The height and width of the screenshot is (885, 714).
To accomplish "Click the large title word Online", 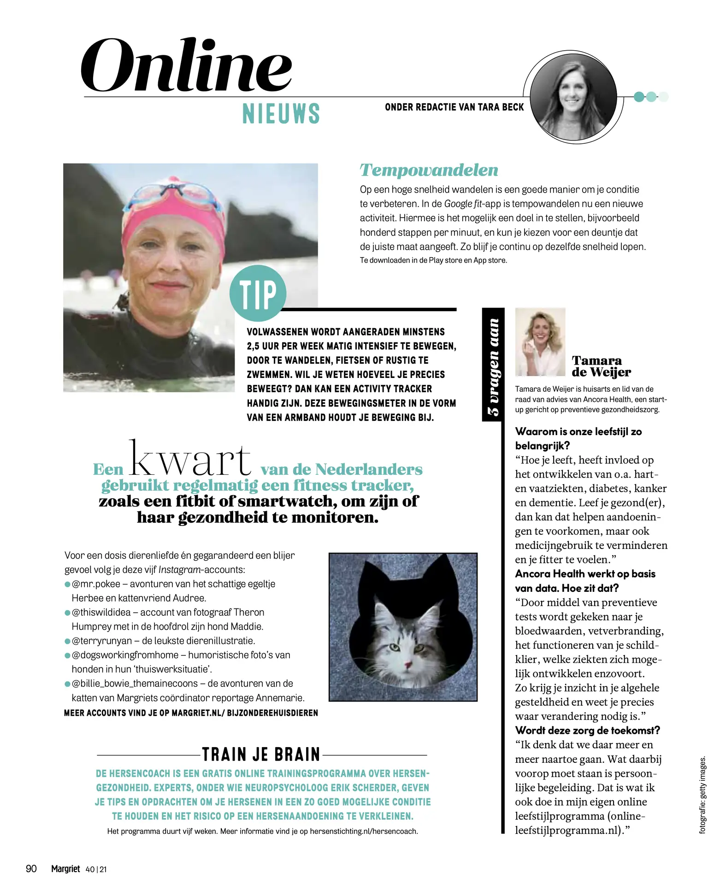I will click(x=186, y=65).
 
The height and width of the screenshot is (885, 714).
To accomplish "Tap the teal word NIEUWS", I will click(x=281, y=114).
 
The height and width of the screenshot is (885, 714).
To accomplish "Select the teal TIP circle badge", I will click(x=258, y=293).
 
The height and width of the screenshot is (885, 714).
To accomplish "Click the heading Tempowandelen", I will click(x=429, y=170).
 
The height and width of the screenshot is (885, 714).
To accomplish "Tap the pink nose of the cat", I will click(x=407, y=664).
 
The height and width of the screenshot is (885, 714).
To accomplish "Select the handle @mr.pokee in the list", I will click(x=96, y=584).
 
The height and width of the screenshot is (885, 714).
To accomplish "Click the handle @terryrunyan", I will click(x=101, y=641).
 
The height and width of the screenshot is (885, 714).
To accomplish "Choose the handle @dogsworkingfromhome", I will click(x=125, y=655).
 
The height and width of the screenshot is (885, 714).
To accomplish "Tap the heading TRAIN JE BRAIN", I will click(x=261, y=755).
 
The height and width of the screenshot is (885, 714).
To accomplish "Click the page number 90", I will click(x=31, y=869).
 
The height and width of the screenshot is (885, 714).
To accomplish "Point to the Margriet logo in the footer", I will click(x=65, y=869).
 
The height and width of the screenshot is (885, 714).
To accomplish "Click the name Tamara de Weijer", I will click(x=601, y=366).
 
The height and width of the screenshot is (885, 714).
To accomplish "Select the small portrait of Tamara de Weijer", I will click(x=540, y=342).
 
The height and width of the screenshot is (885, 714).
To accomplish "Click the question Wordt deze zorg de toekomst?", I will click(x=587, y=731).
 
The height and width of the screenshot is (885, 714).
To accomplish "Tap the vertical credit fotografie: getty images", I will click(x=702, y=795).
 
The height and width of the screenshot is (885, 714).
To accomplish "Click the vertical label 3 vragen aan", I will click(x=493, y=366).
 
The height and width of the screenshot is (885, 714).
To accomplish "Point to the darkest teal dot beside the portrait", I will click(x=639, y=97).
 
